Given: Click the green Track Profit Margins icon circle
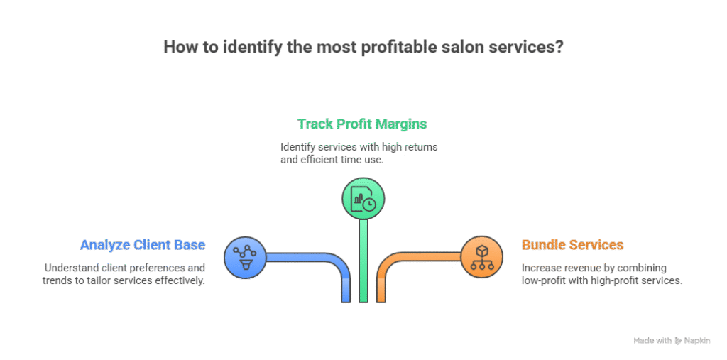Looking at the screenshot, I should point(363,198).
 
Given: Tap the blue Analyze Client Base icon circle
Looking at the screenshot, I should point(244,256).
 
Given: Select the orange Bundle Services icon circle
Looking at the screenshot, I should point(481,256).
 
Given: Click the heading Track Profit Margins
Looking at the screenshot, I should point(362,124).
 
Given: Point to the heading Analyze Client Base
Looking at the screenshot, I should point(143,245).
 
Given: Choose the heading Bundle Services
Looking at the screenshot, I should point(572,245).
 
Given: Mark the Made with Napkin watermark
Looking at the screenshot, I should point(672,341).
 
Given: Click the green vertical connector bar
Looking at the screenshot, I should point(363,263).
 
